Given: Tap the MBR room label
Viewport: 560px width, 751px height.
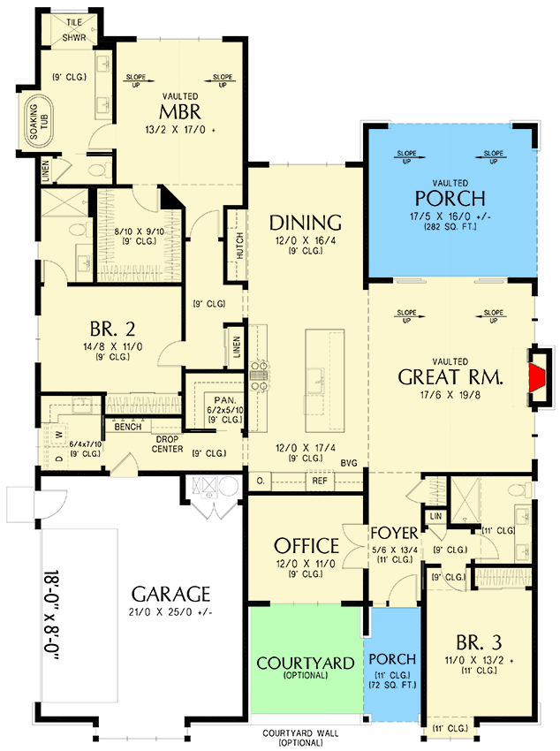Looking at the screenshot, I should (180, 113).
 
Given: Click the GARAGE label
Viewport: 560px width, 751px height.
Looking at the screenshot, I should (171, 593).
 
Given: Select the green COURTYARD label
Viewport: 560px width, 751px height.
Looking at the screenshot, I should (306, 663).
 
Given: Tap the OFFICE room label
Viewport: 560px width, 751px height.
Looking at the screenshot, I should (306, 545).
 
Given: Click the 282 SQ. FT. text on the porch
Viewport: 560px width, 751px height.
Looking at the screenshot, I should (451, 225).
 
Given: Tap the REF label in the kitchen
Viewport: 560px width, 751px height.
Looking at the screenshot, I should (319, 481).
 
